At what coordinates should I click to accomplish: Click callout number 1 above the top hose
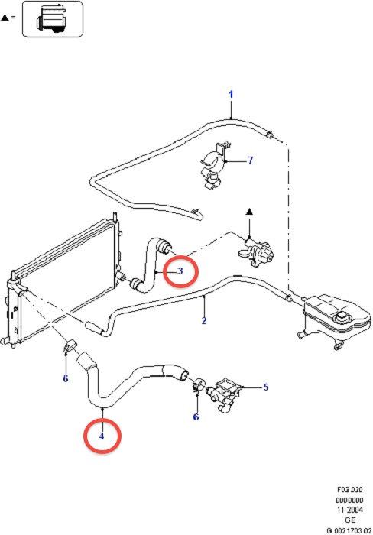tap(231, 94)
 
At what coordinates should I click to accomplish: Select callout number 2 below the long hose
tap(204, 321)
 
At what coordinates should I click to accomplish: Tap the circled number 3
tap(180, 271)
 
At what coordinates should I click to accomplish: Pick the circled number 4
tap(102, 436)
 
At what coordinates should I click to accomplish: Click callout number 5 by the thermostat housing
tap(266, 387)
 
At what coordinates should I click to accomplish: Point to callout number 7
tap(251, 160)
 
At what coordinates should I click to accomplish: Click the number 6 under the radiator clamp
tap(66, 378)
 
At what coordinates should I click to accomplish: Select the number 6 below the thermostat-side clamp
tap(196, 417)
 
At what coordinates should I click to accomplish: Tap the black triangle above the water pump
tap(249, 212)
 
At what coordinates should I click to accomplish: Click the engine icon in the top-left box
tap(51, 19)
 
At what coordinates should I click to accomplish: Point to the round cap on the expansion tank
tap(342, 317)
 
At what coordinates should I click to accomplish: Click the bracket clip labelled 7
tap(214, 165)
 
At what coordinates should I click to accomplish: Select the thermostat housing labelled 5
tap(224, 394)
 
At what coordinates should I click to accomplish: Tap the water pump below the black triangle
tap(258, 251)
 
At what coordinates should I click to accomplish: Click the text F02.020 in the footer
tap(350, 490)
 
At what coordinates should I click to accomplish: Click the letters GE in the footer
tap(351, 520)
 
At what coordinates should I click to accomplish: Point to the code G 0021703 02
tap(349, 531)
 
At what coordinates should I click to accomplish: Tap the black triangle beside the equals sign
tap(5, 18)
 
